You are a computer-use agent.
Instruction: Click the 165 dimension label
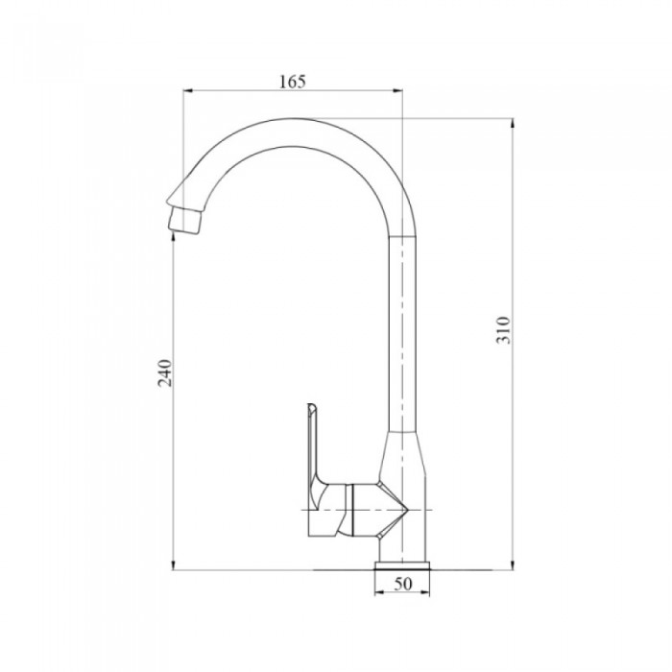point(293,81)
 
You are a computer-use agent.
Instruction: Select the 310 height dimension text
point(503,330)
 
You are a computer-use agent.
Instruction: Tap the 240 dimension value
point(165,372)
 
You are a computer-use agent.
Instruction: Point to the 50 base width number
point(402,584)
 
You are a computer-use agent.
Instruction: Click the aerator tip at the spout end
point(184,220)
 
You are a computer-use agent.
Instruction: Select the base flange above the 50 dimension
point(402,565)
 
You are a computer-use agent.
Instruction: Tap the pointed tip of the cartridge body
point(408,511)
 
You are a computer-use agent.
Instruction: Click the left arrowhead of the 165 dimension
point(188,90)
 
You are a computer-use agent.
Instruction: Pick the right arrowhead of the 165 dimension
point(398,90)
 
